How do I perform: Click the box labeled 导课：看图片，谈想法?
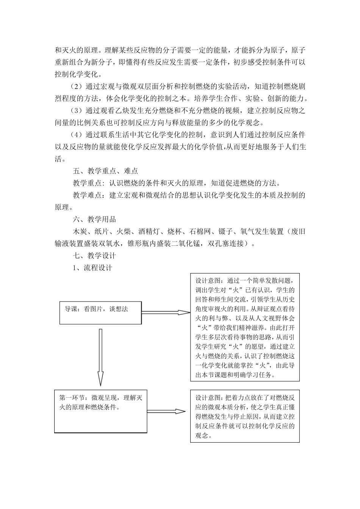click(100, 312)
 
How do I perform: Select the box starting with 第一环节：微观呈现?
click(100, 411)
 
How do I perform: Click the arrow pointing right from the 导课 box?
click(166, 312)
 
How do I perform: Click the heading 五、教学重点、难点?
click(105, 171)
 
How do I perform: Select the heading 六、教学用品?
click(94, 220)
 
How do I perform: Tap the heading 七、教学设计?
click(94, 256)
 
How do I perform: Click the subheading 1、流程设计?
click(92, 268)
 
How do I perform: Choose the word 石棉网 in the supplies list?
click(199, 231)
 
